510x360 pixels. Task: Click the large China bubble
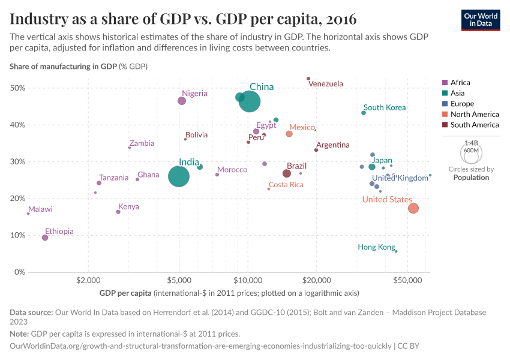(x=250, y=101)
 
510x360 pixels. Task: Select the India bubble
(x=179, y=176)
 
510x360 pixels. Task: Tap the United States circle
(x=413, y=208)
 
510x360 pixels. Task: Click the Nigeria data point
(x=182, y=101)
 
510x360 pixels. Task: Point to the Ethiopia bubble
(x=45, y=238)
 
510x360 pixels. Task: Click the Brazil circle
(x=287, y=173)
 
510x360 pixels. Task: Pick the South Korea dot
(x=364, y=113)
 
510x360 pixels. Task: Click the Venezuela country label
(x=326, y=84)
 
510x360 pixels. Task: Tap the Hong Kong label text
(x=376, y=247)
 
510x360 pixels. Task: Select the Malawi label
(x=40, y=209)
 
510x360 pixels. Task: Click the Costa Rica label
(x=286, y=185)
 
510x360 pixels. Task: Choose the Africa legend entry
(x=460, y=83)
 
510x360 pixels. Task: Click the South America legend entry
(x=474, y=125)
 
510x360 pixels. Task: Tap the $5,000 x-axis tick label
(x=179, y=280)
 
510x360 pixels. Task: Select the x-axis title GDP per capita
(x=125, y=293)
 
